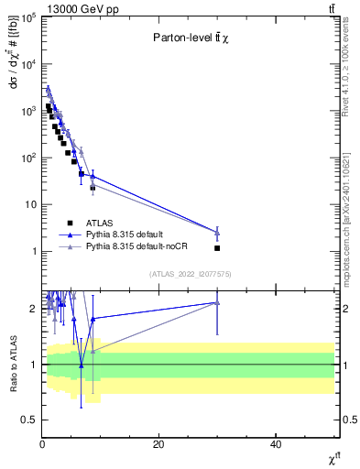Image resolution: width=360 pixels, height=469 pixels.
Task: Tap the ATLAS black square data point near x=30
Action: pos(217,248)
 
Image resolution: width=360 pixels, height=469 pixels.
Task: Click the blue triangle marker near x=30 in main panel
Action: pos(217,233)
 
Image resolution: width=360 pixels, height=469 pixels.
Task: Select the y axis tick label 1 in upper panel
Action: pos(33,252)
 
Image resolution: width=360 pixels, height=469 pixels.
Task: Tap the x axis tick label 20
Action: pos(158,444)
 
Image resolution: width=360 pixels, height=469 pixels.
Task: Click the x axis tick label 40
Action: pos(275,444)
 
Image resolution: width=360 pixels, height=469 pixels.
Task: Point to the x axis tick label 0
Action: pos(42,444)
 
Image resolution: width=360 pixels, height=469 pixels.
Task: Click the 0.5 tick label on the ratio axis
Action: pos(28,420)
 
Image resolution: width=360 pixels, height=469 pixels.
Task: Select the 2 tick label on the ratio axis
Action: pos(33,309)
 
